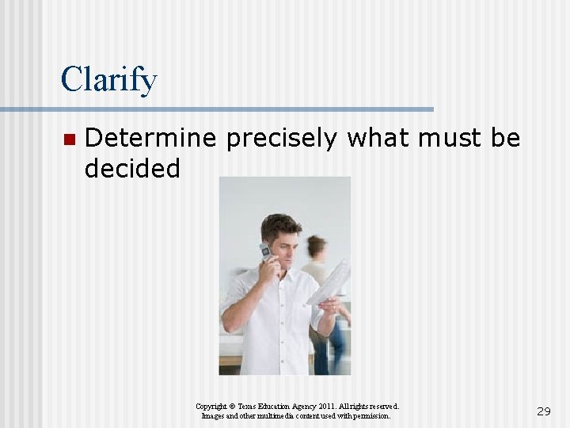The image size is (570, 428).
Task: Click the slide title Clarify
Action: [x=108, y=80]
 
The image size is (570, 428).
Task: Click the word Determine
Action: [x=150, y=139]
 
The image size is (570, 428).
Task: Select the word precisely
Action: [x=282, y=139]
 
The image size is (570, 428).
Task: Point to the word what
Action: [x=378, y=139]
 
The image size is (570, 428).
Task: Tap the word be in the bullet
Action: [x=505, y=139]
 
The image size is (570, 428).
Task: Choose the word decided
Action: [x=132, y=168]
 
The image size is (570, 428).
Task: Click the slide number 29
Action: [x=543, y=411]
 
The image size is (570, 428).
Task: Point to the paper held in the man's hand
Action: [x=331, y=282]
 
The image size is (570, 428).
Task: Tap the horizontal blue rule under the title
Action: [x=217, y=109]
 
